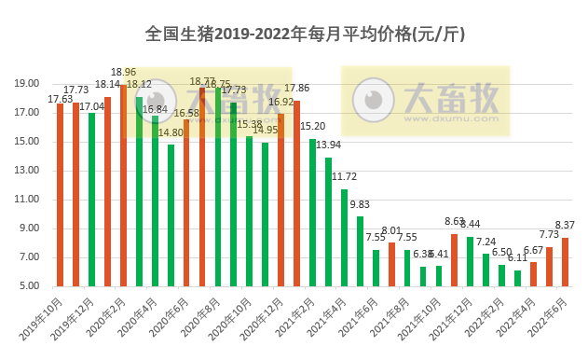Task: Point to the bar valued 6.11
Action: [518, 278]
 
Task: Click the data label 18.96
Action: [124, 72]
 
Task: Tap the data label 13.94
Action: [328, 145]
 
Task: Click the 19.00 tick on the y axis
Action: [28, 84]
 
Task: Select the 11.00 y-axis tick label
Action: [28, 200]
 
